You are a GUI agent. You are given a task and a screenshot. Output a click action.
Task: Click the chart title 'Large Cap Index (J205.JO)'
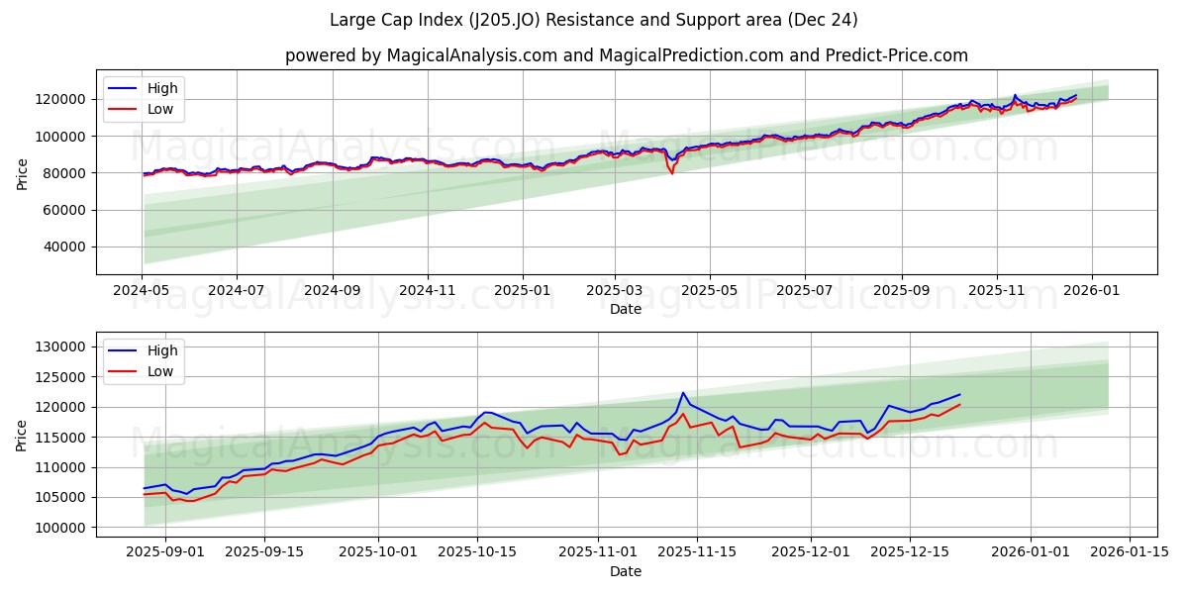(594, 20)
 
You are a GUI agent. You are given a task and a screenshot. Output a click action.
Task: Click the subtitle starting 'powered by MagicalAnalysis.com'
(626, 55)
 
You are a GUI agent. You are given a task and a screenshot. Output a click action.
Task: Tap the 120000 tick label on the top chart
(62, 99)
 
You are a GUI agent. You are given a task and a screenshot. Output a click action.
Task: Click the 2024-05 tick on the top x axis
(143, 290)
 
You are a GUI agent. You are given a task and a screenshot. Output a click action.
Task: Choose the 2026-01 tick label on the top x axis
(1091, 290)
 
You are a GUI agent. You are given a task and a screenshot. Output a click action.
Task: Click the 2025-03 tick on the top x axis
(615, 290)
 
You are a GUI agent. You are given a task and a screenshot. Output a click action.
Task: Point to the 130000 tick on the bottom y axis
(62, 346)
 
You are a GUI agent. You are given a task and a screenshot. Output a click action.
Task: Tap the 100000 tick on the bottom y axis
(62, 528)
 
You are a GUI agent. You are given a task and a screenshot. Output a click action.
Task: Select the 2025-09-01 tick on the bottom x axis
(165, 552)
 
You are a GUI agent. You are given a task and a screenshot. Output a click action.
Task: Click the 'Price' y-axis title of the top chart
(23, 174)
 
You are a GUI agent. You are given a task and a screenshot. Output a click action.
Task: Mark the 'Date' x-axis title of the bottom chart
(626, 571)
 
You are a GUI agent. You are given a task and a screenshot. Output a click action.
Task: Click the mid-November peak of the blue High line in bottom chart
(683, 393)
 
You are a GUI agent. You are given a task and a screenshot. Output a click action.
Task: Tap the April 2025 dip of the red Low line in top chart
(672, 173)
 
